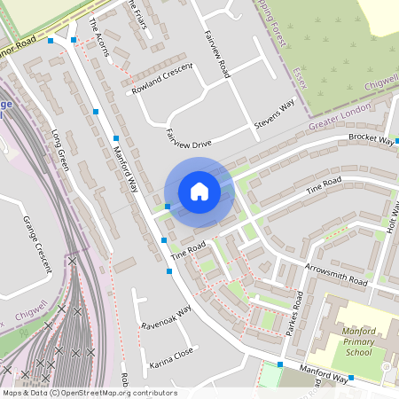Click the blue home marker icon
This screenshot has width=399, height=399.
click(x=199, y=192)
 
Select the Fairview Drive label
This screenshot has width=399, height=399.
click(x=188, y=138)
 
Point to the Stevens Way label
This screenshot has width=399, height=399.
click(x=274, y=115)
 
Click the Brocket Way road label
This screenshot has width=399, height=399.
click(x=371, y=139)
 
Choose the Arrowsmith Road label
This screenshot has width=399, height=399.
click(x=335, y=273)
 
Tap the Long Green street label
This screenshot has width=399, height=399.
click(x=61, y=150)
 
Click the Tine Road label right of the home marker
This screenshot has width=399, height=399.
click(x=323, y=185)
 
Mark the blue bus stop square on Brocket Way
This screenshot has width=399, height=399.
click(x=397, y=140)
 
